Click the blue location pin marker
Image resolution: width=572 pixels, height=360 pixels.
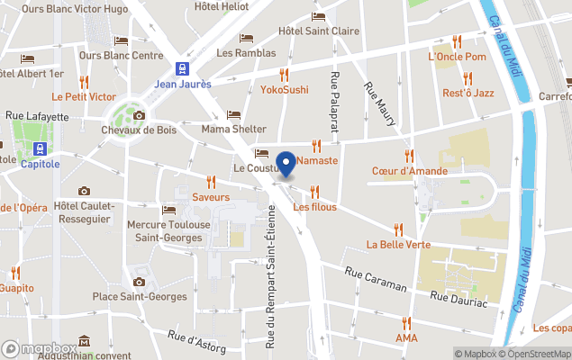click(286, 164)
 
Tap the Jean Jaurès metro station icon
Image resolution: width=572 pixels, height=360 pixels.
click(183, 68)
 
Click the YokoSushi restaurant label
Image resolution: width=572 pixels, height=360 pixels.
click(285, 90)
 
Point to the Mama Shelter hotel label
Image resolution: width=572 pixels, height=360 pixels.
click(234, 129)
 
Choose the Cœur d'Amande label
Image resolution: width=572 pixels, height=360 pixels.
click(409, 171)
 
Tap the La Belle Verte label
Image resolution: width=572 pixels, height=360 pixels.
click(398, 244)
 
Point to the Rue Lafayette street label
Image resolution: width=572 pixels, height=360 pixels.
click(37, 116)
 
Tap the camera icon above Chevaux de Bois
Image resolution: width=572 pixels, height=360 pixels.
click(139, 115)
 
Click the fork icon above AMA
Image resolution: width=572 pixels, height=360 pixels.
click(406, 322)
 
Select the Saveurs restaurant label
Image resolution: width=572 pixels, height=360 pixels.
click(211, 196)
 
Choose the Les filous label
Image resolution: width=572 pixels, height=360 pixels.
click(314, 207)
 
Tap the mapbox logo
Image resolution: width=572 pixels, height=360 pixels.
click(40, 349)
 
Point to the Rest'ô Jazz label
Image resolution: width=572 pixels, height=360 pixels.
click(468, 93)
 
